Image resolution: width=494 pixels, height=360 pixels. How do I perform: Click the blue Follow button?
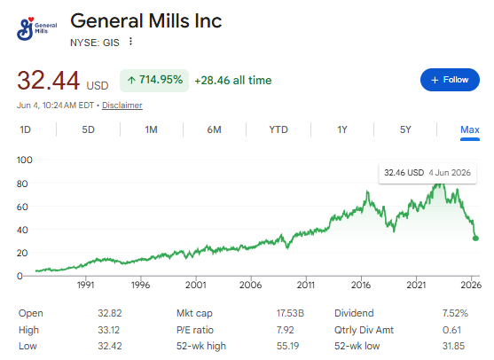click(x=450, y=80)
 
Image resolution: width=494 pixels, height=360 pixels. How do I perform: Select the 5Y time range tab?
click(x=405, y=129)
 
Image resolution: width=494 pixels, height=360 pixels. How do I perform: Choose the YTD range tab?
click(x=278, y=129)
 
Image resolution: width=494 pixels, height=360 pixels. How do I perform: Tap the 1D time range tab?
click(x=25, y=129)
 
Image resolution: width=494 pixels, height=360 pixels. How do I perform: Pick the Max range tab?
click(x=470, y=129)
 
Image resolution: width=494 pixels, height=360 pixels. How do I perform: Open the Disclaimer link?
click(x=122, y=106)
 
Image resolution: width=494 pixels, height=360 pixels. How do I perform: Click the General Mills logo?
click(x=36, y=28)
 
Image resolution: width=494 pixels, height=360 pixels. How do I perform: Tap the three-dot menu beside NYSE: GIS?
click(x=130, y=42)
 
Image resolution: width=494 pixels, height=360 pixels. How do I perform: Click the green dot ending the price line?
click(x=475, y=239)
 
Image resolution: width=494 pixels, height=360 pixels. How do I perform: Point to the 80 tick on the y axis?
click(x=22, y=184)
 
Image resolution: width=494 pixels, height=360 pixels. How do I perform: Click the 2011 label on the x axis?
click(x=306, y=285)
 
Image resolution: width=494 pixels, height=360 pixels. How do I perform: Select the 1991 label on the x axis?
click(x=86, y=285)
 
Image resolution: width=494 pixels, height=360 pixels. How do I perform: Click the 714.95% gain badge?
click(x=154, y=81)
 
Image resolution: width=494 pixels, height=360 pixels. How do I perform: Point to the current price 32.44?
click(x=48, y=81)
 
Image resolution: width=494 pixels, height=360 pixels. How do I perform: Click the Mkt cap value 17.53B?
click(x=290, y=313)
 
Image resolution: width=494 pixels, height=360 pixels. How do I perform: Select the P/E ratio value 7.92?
click(x=285, y=330)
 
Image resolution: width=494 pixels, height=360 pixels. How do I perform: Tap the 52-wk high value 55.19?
click(x=287, y=346)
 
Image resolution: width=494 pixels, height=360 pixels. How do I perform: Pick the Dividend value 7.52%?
click(x=455, y=313)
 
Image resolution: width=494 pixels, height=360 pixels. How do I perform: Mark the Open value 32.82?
click(x=110, y=313)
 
